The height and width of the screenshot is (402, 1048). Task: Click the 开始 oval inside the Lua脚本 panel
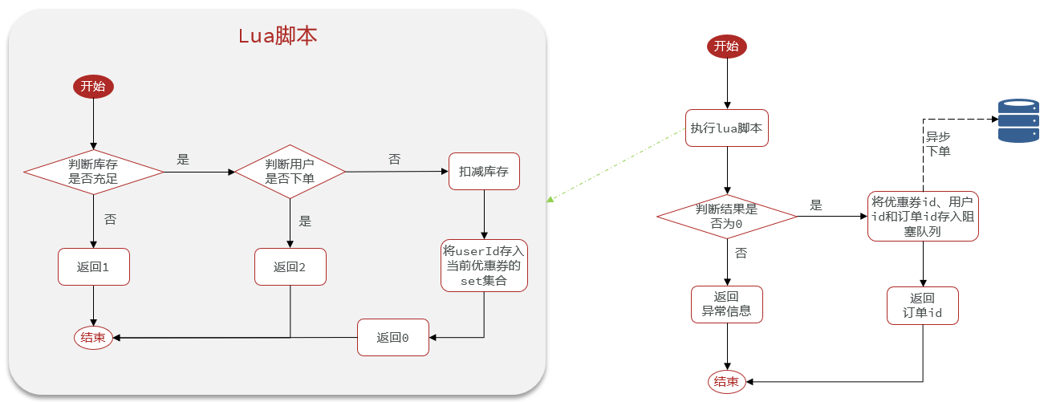(x=93, y=87)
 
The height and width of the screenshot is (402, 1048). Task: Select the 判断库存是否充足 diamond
(x=93, y=172)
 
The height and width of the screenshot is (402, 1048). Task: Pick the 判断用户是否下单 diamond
(x=289, y=172)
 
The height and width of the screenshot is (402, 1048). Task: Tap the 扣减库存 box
(x=484, y=172)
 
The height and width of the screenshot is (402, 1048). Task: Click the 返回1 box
(x=94, y=266)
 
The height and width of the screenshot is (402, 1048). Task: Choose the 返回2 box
(x=290, y=266)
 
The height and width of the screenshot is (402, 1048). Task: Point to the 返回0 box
(x=393, y=338)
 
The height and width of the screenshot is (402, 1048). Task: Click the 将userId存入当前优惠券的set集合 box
(x=484, y=266)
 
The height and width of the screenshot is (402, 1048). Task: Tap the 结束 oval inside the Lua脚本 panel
(x=93, y=338)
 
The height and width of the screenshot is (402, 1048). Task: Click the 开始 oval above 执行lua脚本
(x=726, y=47)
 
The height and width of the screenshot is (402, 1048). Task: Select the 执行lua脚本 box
(x=727, y=128)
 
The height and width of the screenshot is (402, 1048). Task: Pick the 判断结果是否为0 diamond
(x=726, y=217)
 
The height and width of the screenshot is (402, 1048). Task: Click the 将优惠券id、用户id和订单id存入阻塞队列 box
(x=923, y=217)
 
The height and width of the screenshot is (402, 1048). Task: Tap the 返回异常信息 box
(x=726, y=304)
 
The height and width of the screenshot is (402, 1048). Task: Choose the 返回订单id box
(x=923, y=305)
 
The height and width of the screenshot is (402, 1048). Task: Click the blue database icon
(x=1018, y=121)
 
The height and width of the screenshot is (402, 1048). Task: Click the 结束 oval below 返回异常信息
(x=726, y=382)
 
